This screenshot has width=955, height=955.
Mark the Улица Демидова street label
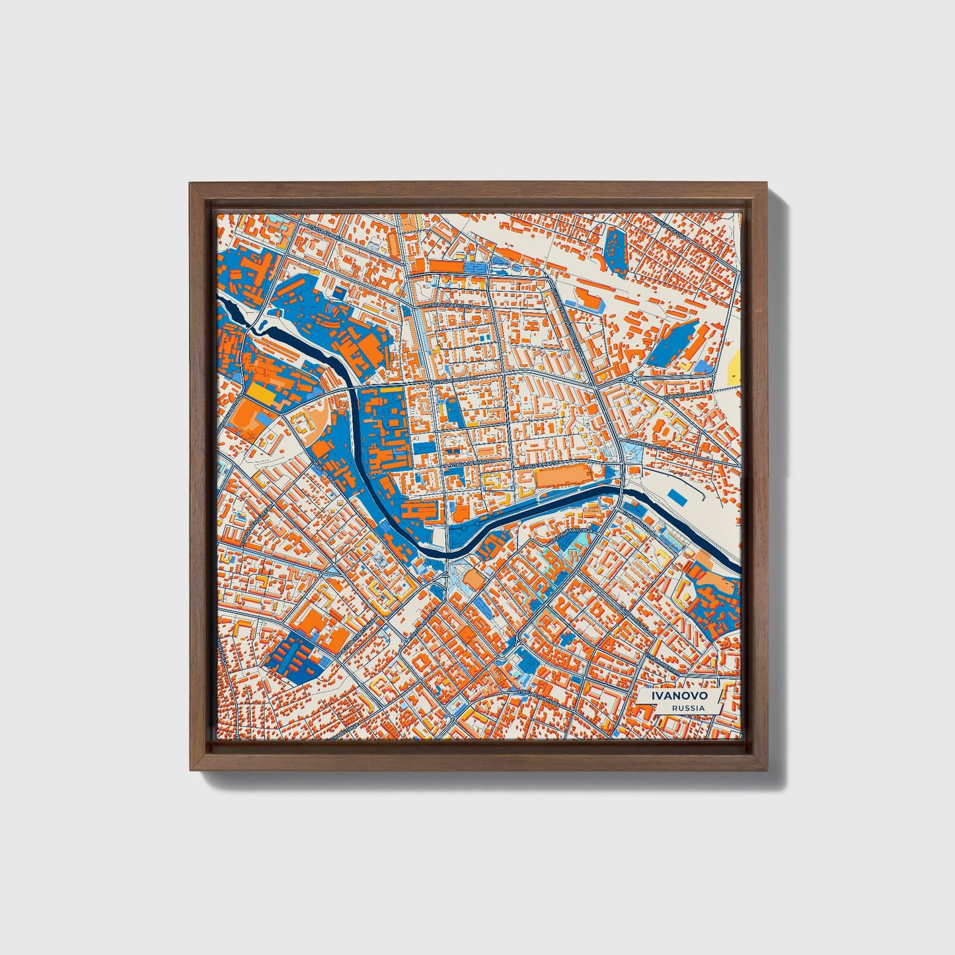click(471, 465)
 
